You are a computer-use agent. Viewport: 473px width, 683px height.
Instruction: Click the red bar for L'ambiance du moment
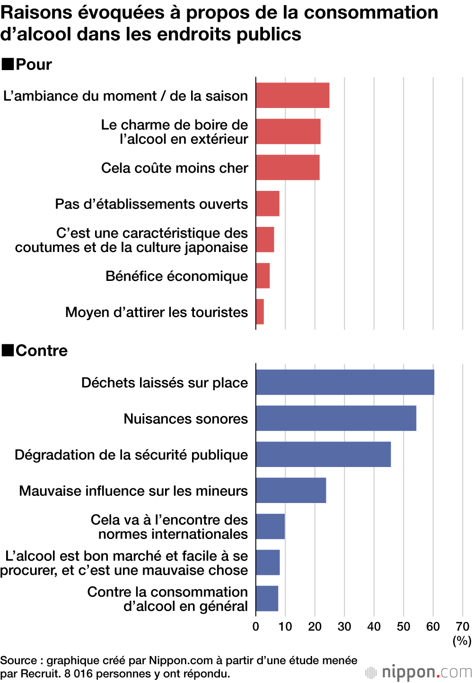(x=292, y=95)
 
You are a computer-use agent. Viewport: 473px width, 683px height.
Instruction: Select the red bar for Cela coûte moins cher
(x=288, y=167)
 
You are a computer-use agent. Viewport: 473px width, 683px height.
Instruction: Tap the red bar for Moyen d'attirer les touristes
(x=260, y=312)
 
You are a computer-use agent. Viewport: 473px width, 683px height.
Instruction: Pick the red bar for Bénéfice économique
(x=263, y=276)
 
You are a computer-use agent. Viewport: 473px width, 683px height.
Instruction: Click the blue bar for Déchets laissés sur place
(x=345, y=382)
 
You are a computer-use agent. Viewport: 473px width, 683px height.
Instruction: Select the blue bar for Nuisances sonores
(x=336, y=418)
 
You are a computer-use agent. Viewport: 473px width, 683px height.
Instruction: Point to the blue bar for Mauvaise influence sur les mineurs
(x=291, y=490)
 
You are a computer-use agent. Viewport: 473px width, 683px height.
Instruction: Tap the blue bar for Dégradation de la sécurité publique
(x=323, y=454)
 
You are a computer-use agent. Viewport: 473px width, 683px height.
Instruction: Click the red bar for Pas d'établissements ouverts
(x=268, y=204)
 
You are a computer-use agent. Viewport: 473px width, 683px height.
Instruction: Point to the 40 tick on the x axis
(x=374, y=627)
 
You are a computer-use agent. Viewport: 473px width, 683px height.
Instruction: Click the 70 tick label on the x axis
(x=462, y=627)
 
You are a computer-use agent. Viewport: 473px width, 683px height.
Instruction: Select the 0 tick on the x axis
(x=256, y=627)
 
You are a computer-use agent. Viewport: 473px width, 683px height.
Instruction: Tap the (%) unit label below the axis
(x=462, y=640)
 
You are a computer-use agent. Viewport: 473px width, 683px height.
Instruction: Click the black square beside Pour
(x=8, y=64)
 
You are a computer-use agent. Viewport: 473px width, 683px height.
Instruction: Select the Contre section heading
(x=41, y=350)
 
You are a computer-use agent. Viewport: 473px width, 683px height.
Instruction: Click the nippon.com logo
(x=419, y=672)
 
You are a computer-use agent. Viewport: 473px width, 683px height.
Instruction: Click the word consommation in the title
(x=371, y=13)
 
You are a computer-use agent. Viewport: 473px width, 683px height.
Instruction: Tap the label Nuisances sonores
(x=185, y=419)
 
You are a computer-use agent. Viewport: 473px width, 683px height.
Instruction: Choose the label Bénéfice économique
(x=176, y=276)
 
